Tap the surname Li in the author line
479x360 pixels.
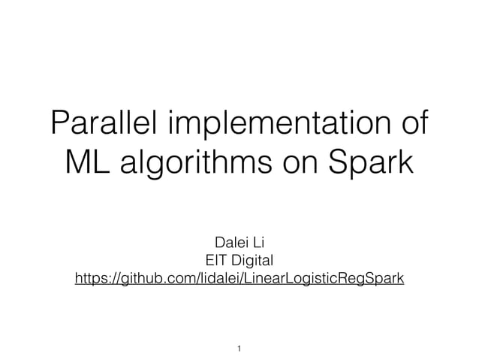point(255,243)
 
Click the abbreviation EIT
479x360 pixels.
point(205,261)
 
